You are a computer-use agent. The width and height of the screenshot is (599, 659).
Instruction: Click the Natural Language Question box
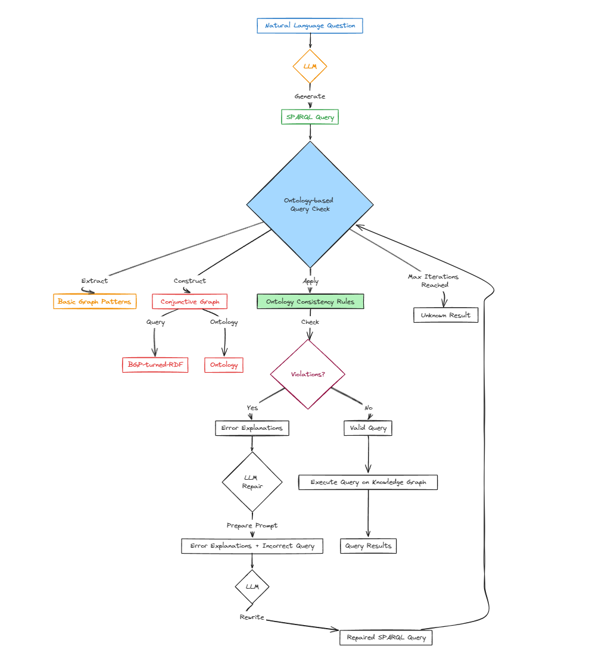tap(310, 26)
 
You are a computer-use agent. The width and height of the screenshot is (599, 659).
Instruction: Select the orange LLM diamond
tap(310, 66)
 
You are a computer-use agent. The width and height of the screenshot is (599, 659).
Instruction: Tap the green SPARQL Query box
tap(310, 117)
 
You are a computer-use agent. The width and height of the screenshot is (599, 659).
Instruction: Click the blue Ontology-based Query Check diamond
tap(310, 204)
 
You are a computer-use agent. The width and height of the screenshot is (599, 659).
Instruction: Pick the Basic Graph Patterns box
tap(95, 302)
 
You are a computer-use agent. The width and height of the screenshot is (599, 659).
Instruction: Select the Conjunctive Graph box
tap(190, 302)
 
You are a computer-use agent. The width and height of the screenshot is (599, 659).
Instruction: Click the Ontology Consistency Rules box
tap(310, 302)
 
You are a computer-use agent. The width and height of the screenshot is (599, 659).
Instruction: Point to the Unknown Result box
tap(445, 315)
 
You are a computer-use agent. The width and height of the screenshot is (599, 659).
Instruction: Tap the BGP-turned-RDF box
tap(155, 365)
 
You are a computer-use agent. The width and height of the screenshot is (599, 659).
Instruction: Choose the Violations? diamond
tap(307, 374)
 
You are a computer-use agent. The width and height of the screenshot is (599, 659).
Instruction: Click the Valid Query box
tap(368, 428)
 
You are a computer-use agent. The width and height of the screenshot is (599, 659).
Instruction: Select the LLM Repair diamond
tap(252, 482)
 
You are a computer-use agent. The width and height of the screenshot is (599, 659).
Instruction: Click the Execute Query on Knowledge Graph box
tap(368, 482)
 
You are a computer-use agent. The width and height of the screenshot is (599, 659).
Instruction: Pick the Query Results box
tap(368, 546)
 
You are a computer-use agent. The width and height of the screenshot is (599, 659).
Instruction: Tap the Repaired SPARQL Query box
tap(386, 638)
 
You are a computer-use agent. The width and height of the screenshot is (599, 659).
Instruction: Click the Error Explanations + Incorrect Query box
tap(252, 546)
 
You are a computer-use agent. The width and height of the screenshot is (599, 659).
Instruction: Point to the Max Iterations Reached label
tap(433, 280)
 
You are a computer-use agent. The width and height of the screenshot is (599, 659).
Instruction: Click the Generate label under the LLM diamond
tap(310, 96)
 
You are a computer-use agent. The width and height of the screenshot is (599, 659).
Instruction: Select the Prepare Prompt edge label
tap(252, 526)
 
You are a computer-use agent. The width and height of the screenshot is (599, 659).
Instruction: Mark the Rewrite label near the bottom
tap(251, 617)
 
